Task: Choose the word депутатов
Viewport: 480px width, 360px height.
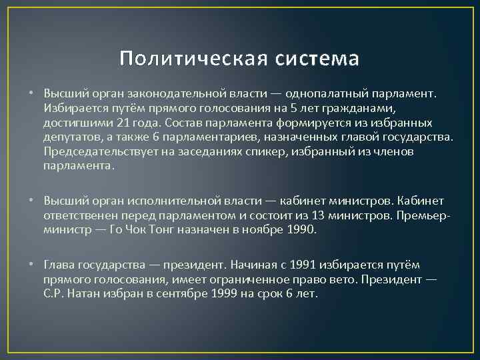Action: (x=69, y=137)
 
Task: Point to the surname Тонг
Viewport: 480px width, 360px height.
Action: (x=165, y=230)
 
